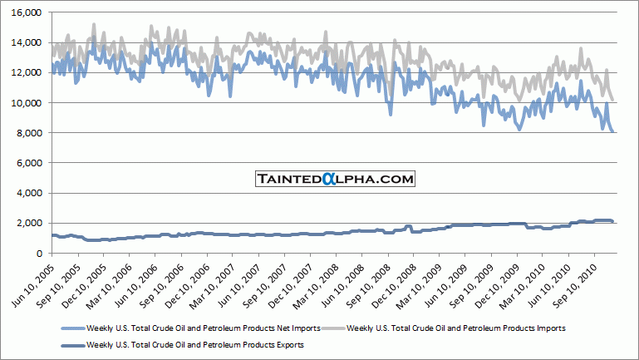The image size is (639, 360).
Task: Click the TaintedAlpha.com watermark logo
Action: (x=335, y=179)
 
